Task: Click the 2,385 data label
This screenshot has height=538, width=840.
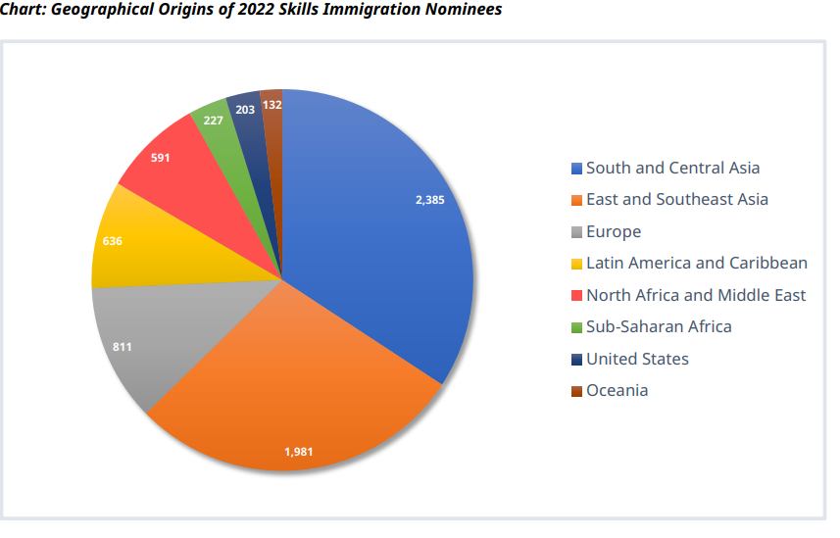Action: pos(430,200)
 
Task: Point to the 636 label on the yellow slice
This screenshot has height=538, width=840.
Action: pos(112,240)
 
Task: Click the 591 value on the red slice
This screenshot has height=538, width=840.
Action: pos(161,157)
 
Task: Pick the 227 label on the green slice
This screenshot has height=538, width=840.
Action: pos(213,121)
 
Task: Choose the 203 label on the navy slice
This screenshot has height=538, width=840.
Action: pos(245,110)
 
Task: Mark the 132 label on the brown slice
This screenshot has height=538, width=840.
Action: pos(272,104)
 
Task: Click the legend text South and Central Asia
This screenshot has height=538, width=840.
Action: pos(672,168)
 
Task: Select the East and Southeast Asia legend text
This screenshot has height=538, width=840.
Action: pos(676,200)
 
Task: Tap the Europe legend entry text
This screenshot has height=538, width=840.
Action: pos(614,232)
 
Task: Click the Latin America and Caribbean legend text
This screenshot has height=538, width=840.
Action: pos(696,263)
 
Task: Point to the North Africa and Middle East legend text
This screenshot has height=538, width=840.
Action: pos(696,295)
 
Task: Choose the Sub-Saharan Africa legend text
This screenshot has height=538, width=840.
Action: pos(659,326)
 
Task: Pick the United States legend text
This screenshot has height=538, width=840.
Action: pos(637,359)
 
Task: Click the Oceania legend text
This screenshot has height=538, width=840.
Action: pos(617,390)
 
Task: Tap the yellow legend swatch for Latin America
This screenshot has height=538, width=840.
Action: pos(576,264)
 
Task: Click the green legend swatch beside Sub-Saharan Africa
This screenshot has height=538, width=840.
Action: pos(576,327)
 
